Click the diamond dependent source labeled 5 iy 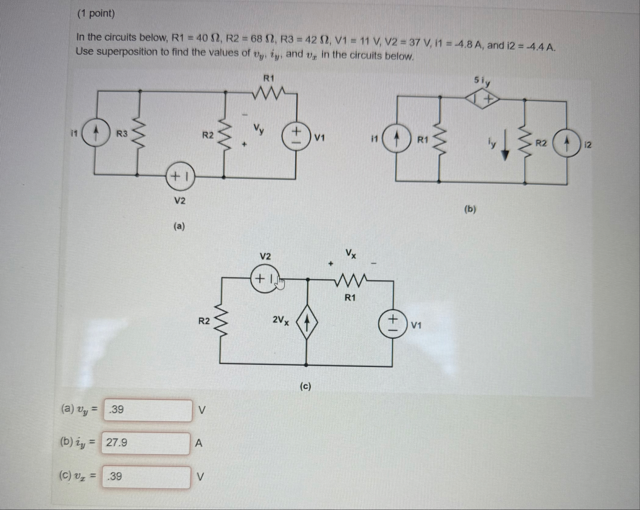[482, 100]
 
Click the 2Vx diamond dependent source [307, 322]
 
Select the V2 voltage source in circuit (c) [265, 279]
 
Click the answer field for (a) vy [148, 410]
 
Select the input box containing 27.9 [146, 443]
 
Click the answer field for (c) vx [146, 476]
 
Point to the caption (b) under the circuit [470, 209]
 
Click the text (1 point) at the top [96, 13]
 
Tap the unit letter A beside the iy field [199, 443]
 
